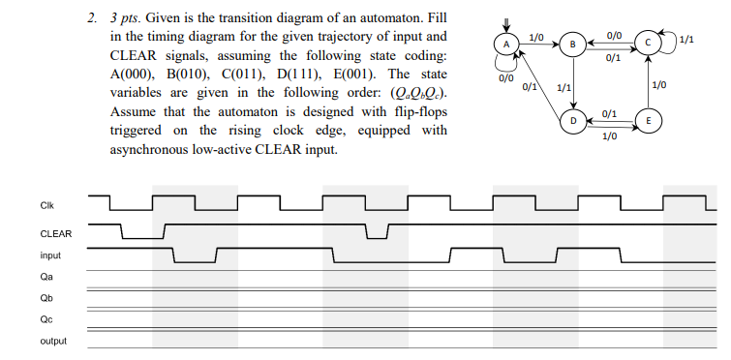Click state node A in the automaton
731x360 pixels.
(x=505, y=44)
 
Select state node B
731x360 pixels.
(x=572, y=44)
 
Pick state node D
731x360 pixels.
(x=572, y=121)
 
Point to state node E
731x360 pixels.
(x=647, y=121)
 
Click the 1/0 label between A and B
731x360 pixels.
(x=537, y=36)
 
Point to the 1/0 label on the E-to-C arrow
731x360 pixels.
(x=659, y=85)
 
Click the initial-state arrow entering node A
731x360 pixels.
(x=504, y=24)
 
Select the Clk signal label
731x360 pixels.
(x=47, y=205)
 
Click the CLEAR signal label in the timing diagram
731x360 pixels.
(x=55, y=233)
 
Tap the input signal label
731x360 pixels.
(x=50, y=255)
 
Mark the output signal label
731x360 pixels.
(x=52, y=342)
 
